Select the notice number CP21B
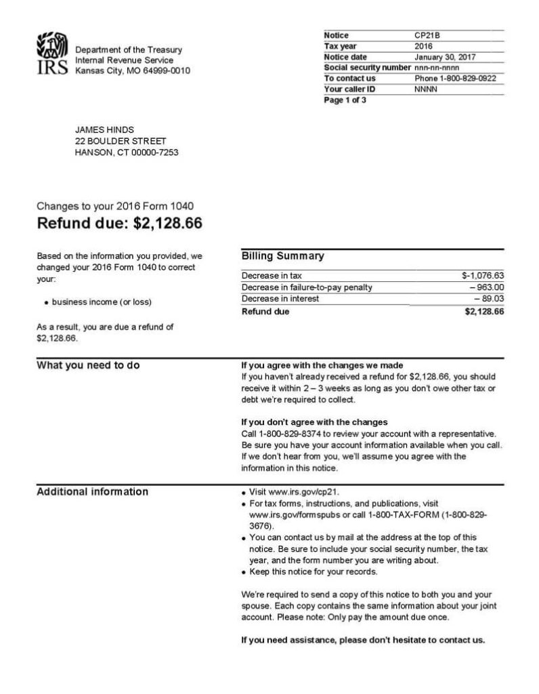tap(427, 35)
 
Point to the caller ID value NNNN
tap(425, 89)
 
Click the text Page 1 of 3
tap(345, 100)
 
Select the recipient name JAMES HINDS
tap(104, 130)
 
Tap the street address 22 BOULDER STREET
tap(120, 141)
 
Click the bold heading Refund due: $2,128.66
tap(119, 223)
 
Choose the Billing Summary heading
tap(282, 256)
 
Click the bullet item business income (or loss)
tap(102, 302)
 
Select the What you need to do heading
tap(88, 365)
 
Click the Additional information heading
tap(92, 491)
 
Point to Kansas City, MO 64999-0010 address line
tap(133, 70)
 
